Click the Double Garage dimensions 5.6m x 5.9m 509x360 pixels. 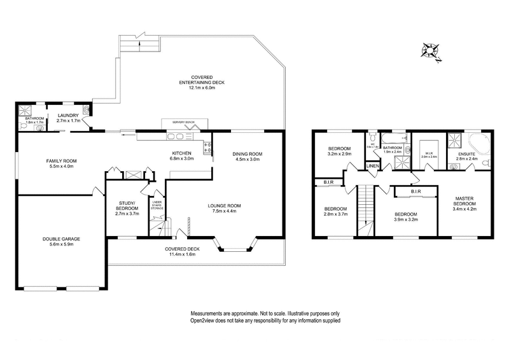pos(62,245)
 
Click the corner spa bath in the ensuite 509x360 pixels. pos(478,143)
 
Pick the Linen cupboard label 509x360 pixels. pos(372,167)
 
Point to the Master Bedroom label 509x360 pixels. pos(468,202)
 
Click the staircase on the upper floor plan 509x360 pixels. pos(365,210)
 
